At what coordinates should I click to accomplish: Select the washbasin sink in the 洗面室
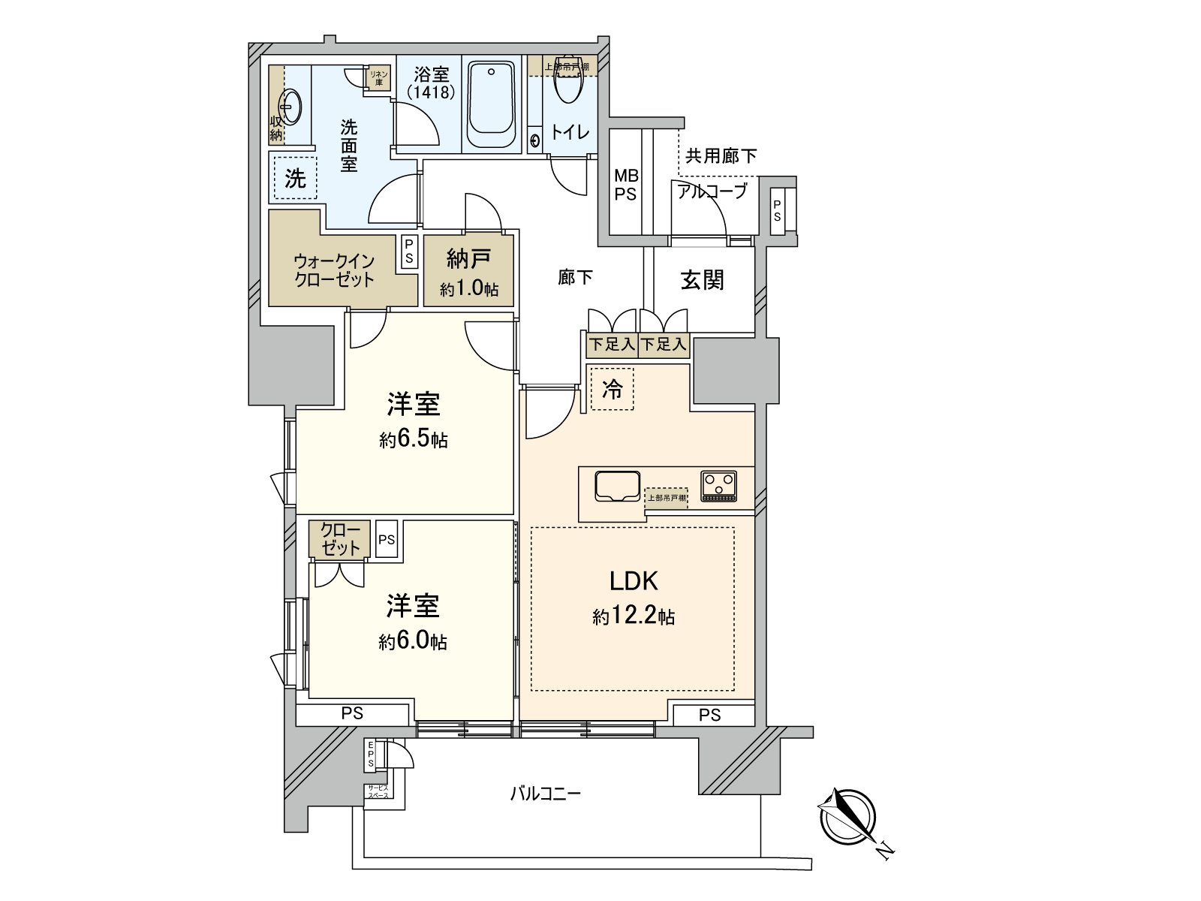pyautogui.click(x=290, y=105)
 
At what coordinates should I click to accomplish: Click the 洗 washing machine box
pyautogui.click(x=295, y=178)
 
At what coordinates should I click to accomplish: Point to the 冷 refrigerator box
pyautogui.click(x=612, y=389)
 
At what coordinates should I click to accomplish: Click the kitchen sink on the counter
pyautogui.click(x=617, y=486)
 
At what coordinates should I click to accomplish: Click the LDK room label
pyautogui.click(x=633, y=580)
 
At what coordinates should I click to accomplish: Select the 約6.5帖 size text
pyautogui.click(x=413, y=440)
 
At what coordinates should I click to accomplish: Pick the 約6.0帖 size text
pyautogui.click(x=413, y=642)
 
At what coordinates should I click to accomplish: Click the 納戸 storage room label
pyautogui.click(x=469, y=260)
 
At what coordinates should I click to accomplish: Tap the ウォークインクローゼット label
pyautogui.click(x=334, y=270)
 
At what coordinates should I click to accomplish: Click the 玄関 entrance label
pyautogui.click(x=702, y=280)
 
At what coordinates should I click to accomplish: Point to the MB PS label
pyautogui.click(x=626, y=185)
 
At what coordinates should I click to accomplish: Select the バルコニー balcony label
pyautogui.click(x=546, y=794)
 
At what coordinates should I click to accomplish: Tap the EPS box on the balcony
pyautogui.click(x=372, y=754)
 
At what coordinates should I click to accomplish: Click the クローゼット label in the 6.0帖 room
pyautogui.click(x=340, y=539)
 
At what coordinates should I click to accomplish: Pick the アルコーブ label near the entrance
pyautogui.click(x=712, y=191)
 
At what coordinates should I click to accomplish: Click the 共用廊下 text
pyautogui.click(x=721, y=155)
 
